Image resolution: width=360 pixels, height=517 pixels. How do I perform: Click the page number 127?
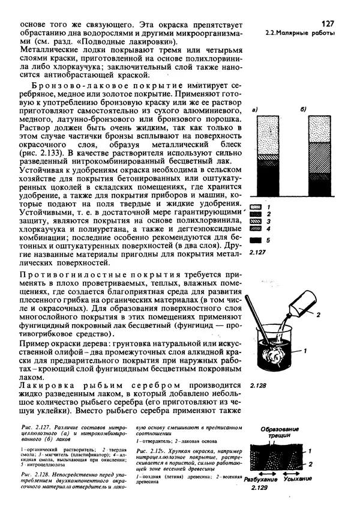point(328,23)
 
